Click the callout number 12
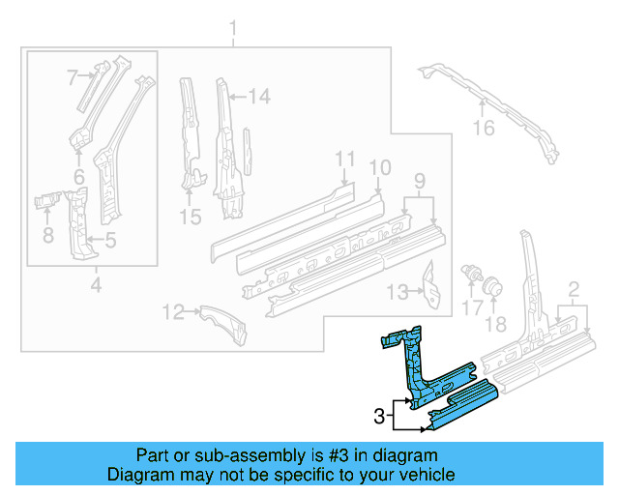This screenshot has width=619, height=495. [x=172, y=311]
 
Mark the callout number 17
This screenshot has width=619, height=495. [x=471, y=307]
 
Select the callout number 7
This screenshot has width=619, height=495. [x=72, y=76]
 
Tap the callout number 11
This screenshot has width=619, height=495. [x=345, y=159]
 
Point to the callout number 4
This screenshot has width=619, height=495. [x=95, y=284]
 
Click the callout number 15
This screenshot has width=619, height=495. [x=192, y=218]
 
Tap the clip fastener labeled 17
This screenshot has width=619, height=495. [x=475, y=271]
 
